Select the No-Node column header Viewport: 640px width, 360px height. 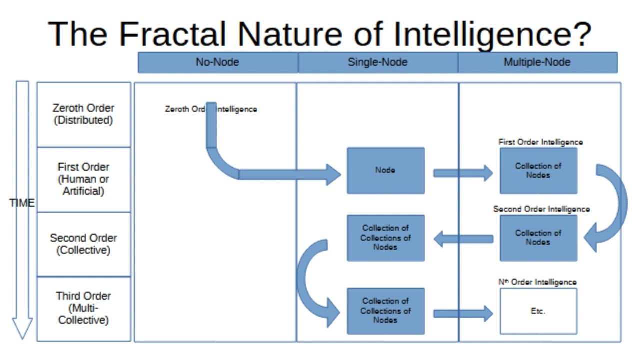pyautogui.click(x=217, y=62)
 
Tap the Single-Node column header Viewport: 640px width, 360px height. pyautogui.click(x=377, y=62)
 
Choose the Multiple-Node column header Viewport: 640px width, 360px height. pyautogui.click(x=537, y=62)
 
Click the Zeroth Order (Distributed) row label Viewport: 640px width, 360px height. pyautogui.click(x=83, y=114)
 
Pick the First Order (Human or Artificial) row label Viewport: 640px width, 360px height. pyautogui.click(x=83, y=179)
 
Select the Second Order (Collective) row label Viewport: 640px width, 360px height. pyautogui.click(x=83, y=244)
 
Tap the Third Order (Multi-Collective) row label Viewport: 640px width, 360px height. pyautogui.click(x=83, y=308)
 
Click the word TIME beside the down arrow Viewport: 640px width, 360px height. pyautogui.click(x=22, y=203)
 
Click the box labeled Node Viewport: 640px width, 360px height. pyautogui.click(x=385, y=170)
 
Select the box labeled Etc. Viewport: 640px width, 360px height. pyautogui.click(x=538, y=311)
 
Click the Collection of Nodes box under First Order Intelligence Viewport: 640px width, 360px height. pyautogui.click(x=538, y=170)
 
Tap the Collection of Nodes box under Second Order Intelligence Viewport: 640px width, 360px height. pyautogui.click(x=538, y=238)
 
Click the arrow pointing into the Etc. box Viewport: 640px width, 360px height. pyautogui.click(x=462, y=314)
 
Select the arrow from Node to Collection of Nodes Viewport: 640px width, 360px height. pyautogui.click(x=462, y=173)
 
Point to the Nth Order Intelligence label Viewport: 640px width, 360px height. pyautogui.click(x=537, y=282)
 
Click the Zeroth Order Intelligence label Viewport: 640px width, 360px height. pyautogui.click(x=211, y=109)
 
